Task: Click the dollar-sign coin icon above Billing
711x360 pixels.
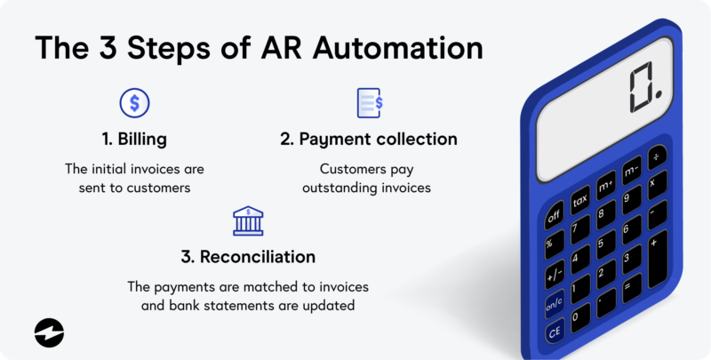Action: tap(134, 103)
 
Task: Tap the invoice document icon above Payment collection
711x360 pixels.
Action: tap(368, 103)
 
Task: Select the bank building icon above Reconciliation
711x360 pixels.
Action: tap(247, 220)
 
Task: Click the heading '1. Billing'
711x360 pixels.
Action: tap(134, 140)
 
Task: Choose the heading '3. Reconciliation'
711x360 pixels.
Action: tap(247, 257)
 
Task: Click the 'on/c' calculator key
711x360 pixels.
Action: tap(554, 304)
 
